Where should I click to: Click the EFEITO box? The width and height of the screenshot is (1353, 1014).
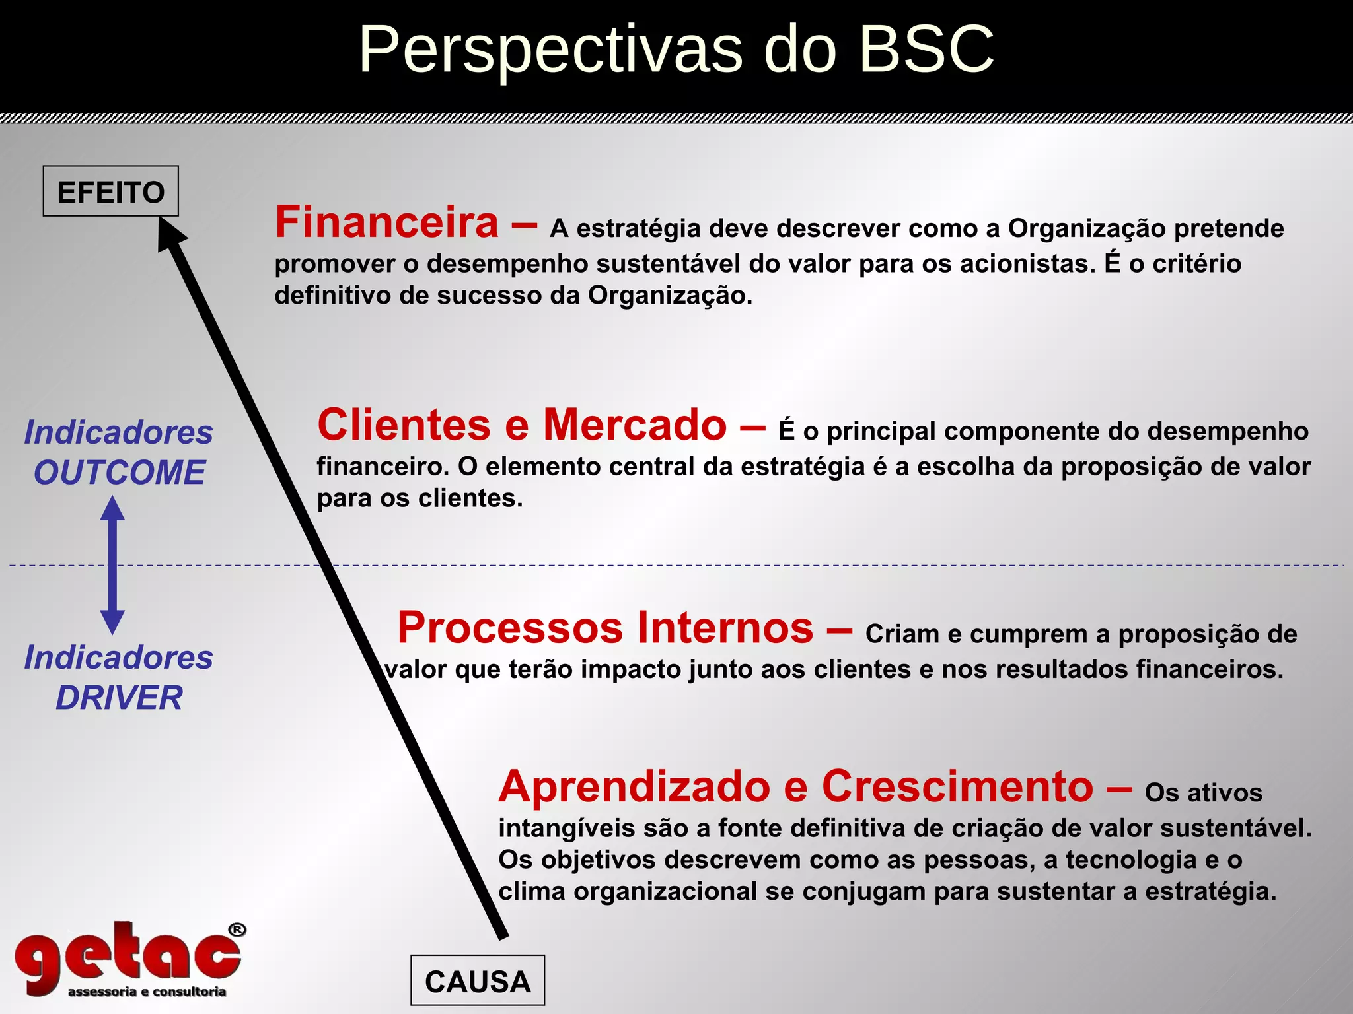click(111, 191)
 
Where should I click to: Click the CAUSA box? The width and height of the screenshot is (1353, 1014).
click(478, 981)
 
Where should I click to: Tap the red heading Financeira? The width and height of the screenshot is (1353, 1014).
click(387, 222)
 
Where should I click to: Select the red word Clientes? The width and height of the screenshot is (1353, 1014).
click(404, 424)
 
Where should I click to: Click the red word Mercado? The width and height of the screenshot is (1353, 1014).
click(635, 424)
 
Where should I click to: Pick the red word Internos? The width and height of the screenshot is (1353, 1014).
click(725, 627)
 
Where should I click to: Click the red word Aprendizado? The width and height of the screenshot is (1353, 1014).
click(635, 787)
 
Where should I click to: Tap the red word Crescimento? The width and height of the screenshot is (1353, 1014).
click(957, 787)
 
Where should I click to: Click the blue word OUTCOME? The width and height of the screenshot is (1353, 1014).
click(120, 473)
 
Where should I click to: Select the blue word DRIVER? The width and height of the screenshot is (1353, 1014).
click(120, 698)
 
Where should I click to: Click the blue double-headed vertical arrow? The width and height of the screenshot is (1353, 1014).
click(112, 565)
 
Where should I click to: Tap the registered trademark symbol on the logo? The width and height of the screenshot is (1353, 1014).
click(237, 930)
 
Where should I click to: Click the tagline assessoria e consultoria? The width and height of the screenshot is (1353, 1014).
click(147, 992)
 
